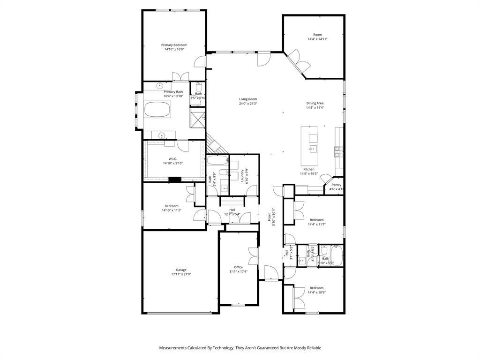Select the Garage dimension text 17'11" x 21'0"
point(181,274)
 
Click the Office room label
point(239,267)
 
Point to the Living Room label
point(248,99)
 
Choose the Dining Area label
point(315,103)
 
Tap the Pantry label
point(337,185)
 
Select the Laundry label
point(243,175)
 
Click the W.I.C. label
point(172,158)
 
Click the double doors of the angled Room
point(298,62)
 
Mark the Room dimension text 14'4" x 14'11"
point(317,39)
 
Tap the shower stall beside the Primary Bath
point(197,118)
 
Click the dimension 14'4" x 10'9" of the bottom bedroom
point(316,292)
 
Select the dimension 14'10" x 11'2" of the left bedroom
point(172,210)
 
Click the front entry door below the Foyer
point(270,274)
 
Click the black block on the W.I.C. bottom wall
point(175,179)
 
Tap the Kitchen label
point(309,169)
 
